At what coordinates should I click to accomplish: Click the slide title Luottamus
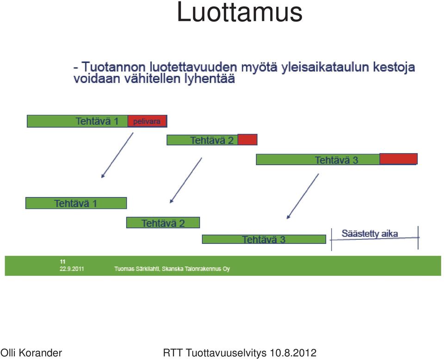click(x=240, y=12)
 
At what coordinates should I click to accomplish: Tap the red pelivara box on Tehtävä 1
click(x=147, y=121)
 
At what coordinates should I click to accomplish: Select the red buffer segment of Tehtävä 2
click(x=247, y=140)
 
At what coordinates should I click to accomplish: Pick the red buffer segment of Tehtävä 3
click(x=398, y=159)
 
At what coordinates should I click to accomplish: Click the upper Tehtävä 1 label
click(x=97, y=121)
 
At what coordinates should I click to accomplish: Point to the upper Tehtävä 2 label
click(x=212, y=140)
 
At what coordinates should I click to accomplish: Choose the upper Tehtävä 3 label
click(x=336, y=160)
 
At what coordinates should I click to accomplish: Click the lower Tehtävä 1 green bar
click(x=76, y=203)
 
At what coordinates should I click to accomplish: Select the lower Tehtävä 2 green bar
click(x=163, y=223)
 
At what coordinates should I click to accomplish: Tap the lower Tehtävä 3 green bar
click(x=264, y=239)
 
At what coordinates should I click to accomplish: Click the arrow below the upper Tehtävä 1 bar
click(x=117, y=155)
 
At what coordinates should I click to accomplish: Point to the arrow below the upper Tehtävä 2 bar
click(x=186, y=180)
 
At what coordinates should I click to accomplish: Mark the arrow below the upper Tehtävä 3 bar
click(x=302, y=196)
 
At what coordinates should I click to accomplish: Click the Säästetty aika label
click(x=370, y=234)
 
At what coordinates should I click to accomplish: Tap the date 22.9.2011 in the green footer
click(x=72, y=268)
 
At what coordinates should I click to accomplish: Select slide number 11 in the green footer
click(x=62, y=261)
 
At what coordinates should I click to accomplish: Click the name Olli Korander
click(x=31, y=353)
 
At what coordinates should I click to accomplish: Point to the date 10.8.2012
click(x=293, y=353)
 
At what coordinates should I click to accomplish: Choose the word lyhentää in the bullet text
click(x=210, y=79)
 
